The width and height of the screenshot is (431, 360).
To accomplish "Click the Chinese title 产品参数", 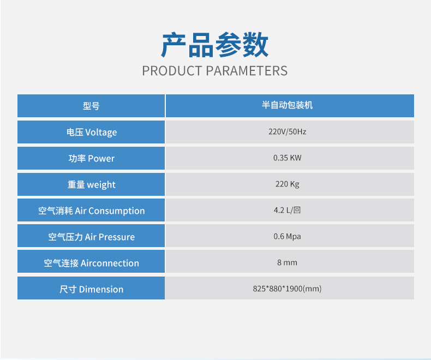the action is [214, 45].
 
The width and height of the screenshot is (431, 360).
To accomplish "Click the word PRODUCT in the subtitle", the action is [172, 71].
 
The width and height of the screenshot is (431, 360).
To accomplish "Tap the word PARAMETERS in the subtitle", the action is [247, 71].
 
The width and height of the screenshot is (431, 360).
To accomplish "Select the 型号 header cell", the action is [91, 106].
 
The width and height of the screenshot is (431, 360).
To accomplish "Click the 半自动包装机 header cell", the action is [290, 106].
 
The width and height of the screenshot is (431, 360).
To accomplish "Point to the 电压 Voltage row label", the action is [92, 132].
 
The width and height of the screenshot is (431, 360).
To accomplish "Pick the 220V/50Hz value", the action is [287, 131].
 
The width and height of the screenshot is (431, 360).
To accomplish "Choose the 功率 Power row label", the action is [92, 158].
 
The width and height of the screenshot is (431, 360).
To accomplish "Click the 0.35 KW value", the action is [287, 158].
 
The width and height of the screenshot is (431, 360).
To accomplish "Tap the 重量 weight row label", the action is [92, 185].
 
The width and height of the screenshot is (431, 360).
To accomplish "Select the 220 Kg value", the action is [287, 184].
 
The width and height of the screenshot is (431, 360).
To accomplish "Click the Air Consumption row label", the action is [92, 211].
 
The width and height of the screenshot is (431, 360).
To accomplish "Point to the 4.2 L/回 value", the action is [287, 210].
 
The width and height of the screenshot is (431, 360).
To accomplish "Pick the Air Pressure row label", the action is [92, 237].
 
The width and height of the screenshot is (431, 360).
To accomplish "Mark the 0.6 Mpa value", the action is [287, 236].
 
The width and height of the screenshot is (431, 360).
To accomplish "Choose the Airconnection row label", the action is [92, 263].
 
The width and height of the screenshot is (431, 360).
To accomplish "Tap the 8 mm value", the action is [287, 262].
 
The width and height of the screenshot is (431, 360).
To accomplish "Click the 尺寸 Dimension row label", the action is [92, 290].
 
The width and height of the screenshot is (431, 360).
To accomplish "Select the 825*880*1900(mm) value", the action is [287, 289].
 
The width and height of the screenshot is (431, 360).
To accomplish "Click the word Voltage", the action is [101, 133].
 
